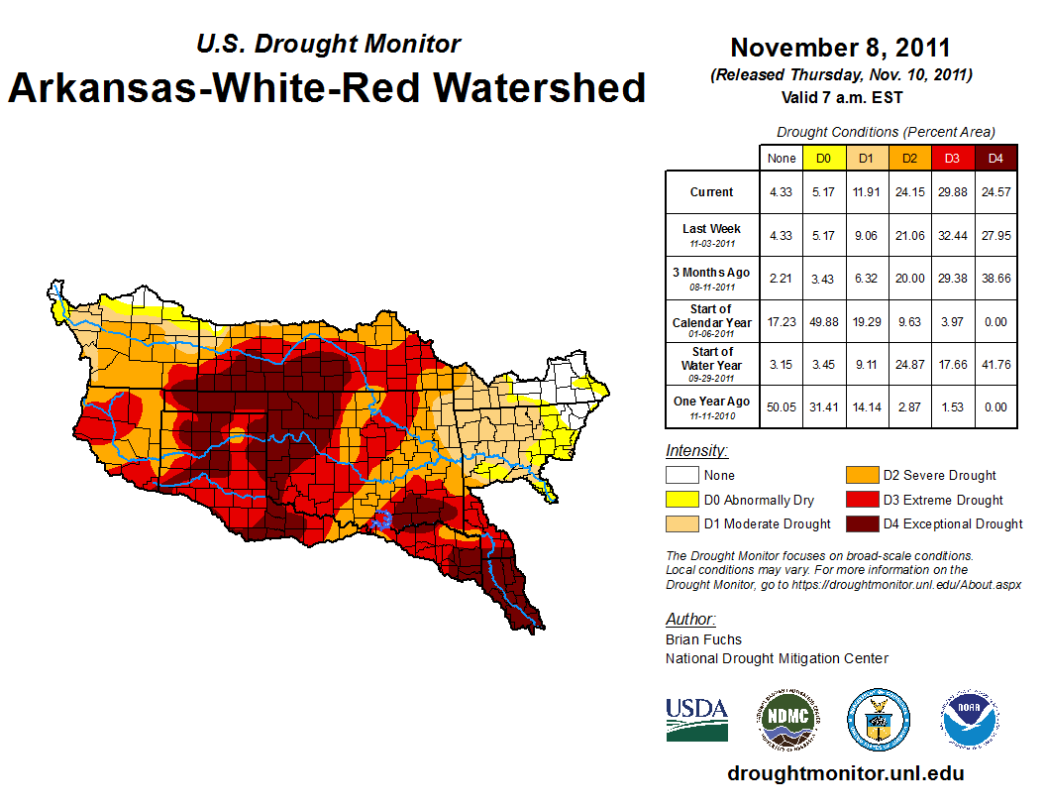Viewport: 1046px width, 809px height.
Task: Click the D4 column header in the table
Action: [x=994, y=158]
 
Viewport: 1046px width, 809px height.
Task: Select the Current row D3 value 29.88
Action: [x=951, y=192]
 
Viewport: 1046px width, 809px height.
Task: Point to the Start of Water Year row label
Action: [x=712, y=364]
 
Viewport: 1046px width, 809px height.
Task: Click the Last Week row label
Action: [x=712, y=234]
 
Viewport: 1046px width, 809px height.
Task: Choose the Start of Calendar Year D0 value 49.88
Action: [x=824, y=321]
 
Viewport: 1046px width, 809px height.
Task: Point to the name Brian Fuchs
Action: [x=703, y=639]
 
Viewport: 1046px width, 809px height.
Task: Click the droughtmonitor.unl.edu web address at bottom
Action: [x=845, y=773]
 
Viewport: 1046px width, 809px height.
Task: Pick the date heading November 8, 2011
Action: [x=840, y=48]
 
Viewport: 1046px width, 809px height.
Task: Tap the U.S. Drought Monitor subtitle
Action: [x=328, y=44]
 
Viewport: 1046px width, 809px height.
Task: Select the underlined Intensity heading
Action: [x=696, y=450]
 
